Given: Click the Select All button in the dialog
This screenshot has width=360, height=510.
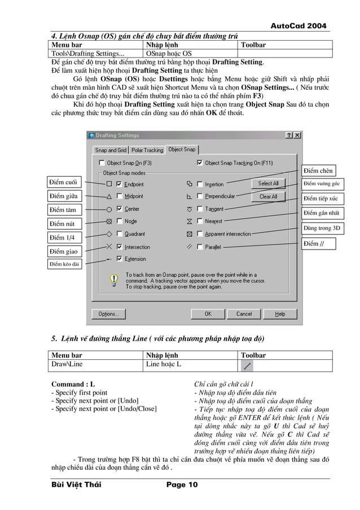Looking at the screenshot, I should [x=268, y=184].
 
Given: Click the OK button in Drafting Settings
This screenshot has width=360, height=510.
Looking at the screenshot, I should [x=208, y=313].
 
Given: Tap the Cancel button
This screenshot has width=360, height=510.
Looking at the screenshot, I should [x=244, y=313].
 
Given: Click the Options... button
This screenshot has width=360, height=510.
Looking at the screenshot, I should [x=108, y=313].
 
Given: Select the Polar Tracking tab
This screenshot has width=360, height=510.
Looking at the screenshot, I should [x=147, y=150].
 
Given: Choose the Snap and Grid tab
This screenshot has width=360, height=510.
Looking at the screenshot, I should [x=111, y=150].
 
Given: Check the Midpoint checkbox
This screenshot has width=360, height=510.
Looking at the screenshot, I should [x=119, y=197].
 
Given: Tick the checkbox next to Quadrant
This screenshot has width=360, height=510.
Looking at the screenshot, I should [x=119, y=234].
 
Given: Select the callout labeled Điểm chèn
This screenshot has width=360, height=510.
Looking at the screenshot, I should [x=318, y=171].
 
